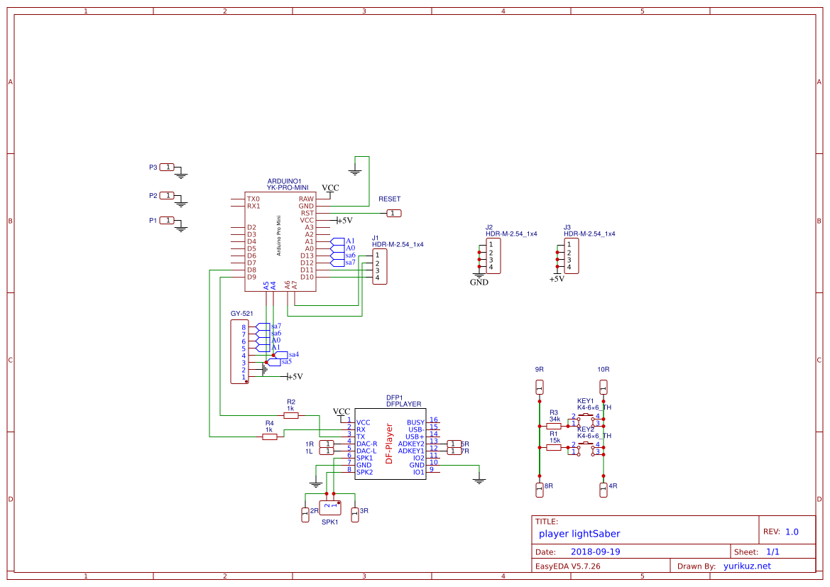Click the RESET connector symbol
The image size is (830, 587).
coord(394,213)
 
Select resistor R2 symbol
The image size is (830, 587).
coord(291,415)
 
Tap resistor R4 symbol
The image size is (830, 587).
coord(270,437)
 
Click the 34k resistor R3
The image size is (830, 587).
coord(554,427)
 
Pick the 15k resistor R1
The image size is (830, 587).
coord(554,448)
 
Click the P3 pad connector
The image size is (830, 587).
coord(167,167)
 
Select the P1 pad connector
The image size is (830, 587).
coord(167,220)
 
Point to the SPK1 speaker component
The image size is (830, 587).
coord(330,507)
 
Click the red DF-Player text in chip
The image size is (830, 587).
coord(388,444)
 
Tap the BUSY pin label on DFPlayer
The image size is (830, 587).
coord(415,422)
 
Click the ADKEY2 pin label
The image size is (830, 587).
coord(411,444)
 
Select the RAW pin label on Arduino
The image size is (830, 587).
coord(306,199)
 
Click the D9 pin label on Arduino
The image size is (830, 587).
coord(251,277)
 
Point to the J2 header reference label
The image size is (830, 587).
coord(488,226)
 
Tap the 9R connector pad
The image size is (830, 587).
coord(540,388)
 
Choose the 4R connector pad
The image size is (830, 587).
coord(604,489)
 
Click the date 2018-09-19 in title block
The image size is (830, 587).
coord(596,552)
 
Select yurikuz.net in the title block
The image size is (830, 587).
coord(747,566)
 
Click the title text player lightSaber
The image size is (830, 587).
coord(579,533)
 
